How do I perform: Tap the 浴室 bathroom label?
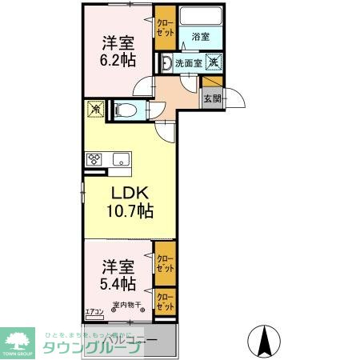click(x=200, y=37)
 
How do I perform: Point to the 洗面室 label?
click(x=188, y=62)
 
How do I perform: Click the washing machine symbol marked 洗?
click(x=214, y=62)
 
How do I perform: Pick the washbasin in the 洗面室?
click(x=166, y=62)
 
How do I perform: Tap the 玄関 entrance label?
click(x=211, y=99)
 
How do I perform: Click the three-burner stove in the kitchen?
click(x=94, y=158)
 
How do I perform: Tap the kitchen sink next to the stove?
click(x=120, y=158)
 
